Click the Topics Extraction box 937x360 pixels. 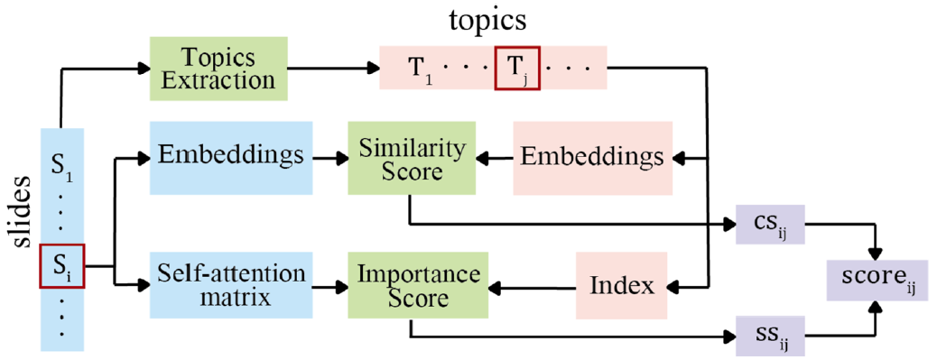coord(218,69)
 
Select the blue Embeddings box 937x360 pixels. coord(231,158)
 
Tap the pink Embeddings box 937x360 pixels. coord(592,158)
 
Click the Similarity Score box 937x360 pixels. coord(412,158)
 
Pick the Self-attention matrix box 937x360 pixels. coord(231,285)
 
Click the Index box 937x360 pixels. coord(621,285)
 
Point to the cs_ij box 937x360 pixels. coord(772,225)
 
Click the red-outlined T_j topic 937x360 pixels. coord(517,68)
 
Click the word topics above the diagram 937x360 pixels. coord(489,20)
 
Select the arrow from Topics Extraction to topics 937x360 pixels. coord(333,68)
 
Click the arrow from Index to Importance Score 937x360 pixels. coord(532,289)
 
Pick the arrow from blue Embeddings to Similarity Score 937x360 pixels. coord(330,159)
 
